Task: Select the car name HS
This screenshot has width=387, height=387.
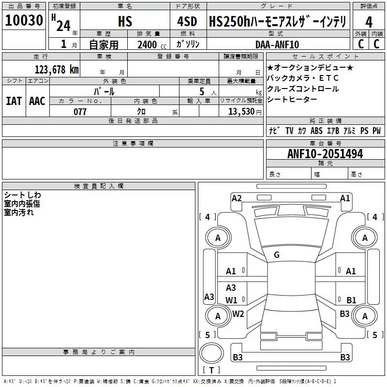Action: point(125,21)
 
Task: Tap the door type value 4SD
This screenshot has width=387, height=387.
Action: point(187,21)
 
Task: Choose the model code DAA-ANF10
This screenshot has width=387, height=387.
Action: point(277,45)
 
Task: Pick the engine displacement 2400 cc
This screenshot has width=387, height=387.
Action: point(148,45)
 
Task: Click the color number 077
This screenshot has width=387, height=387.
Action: point(80,111)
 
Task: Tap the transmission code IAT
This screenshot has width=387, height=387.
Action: point(14,101)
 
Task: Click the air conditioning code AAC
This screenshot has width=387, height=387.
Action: point(37,101)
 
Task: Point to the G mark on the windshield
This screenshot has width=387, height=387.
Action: point(276,254)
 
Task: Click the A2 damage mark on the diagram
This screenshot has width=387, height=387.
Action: point(237,198)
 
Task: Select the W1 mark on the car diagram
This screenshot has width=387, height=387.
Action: point(231,300)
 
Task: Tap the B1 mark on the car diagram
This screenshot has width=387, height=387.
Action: point(351,300)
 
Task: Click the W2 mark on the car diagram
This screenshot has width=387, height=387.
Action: point(238,313)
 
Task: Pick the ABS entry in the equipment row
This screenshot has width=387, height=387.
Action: point(317,131)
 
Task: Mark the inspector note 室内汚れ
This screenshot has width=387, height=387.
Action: point(19,212)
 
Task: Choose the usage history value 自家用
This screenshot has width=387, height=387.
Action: point(104,45)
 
